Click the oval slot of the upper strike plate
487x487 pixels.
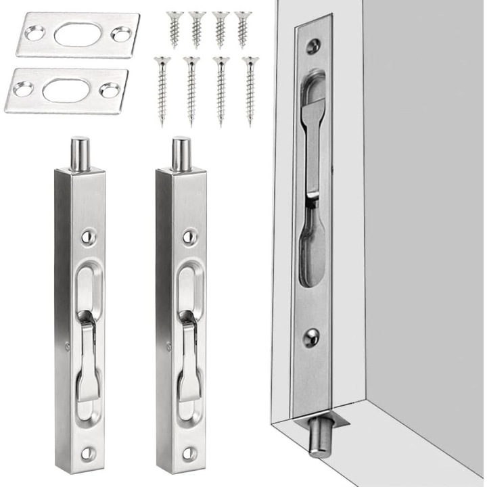tap(77, 34)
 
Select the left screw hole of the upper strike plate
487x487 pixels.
tap(35, 31)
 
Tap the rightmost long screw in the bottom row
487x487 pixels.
tap(250, 90)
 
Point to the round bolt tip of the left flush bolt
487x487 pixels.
tap(81, 153)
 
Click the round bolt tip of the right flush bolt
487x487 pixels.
tap(181, 153)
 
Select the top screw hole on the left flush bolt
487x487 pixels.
tap(88, 236)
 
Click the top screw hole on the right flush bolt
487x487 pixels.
tap(189, 237)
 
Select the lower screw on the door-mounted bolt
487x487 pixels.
tap(311, 336)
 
